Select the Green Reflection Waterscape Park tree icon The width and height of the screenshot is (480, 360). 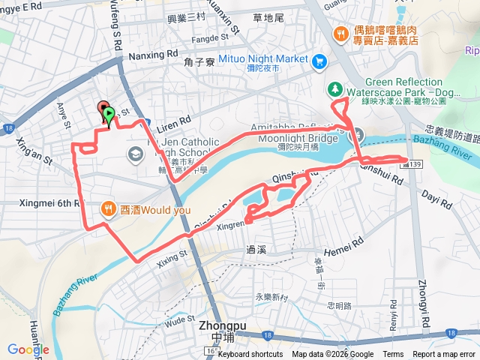334,88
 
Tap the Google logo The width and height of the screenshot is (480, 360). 28,349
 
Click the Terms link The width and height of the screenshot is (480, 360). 393,354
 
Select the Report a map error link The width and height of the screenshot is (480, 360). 445,354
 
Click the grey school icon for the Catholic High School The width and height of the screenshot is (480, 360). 136,155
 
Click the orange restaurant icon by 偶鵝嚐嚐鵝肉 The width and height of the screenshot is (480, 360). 341,33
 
